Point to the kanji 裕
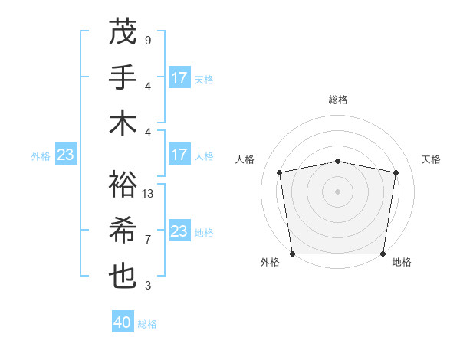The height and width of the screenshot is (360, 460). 123,185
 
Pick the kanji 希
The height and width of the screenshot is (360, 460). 123,231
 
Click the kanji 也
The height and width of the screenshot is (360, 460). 123,277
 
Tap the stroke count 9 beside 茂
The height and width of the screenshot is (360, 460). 147,40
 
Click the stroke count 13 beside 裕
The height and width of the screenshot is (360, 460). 149,194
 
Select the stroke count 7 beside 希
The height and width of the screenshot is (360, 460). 147,240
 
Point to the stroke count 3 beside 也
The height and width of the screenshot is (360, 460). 147,286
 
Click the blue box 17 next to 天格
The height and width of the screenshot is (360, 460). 179,77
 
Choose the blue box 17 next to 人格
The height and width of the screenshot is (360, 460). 179,155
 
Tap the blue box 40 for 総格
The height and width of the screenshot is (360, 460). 123,322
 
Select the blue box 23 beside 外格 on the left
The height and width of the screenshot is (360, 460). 65,155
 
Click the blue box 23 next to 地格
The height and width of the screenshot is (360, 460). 179,231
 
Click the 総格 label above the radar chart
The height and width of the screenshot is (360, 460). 338,100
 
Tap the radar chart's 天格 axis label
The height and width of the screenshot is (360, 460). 431,159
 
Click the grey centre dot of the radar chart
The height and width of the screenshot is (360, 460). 338,191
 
